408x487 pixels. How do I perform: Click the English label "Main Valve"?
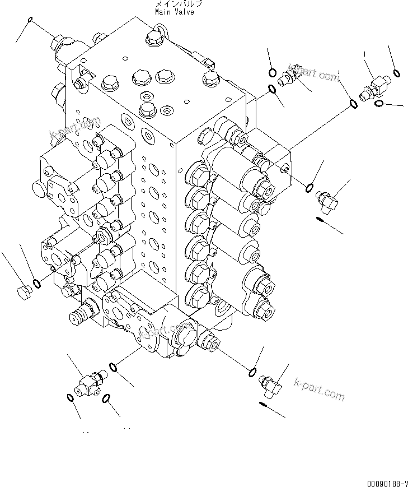click(x=175, y=12)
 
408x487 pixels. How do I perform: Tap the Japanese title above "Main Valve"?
click(x=175, y=4)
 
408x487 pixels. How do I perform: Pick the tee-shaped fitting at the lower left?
click(x=87, y=385)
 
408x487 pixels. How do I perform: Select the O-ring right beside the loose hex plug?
click(x=36, y=284)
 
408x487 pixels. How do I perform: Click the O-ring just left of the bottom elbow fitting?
click(x=252, y=373)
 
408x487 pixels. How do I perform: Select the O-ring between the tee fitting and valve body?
click(x=113, y=368)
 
